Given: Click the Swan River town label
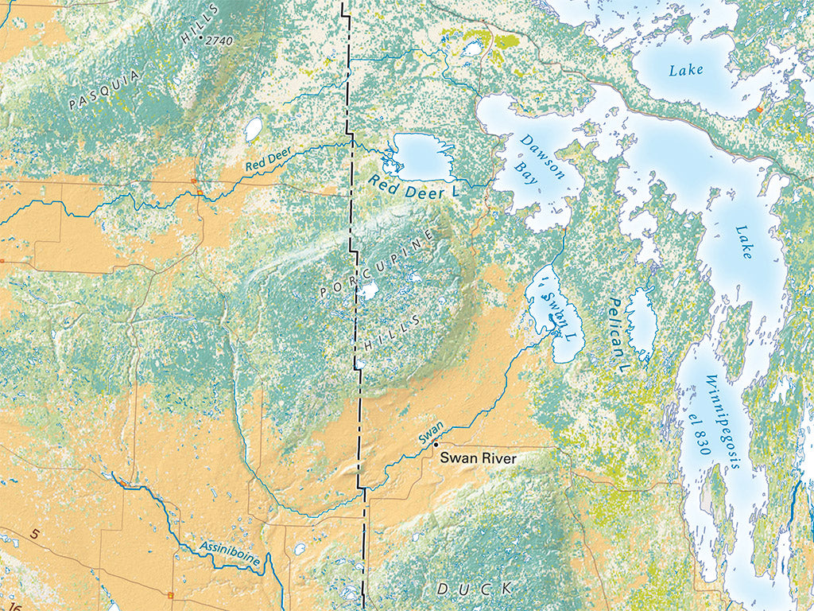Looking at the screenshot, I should click(x=478, y=458).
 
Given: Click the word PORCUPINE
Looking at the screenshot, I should click(x=378, y=265).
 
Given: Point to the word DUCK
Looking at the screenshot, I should click(x=463, y=589).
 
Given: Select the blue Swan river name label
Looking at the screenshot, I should click(x=431, y=433).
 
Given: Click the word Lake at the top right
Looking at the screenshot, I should click(x=685, y=70).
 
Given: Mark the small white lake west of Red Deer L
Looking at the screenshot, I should click(x=254, y=129).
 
